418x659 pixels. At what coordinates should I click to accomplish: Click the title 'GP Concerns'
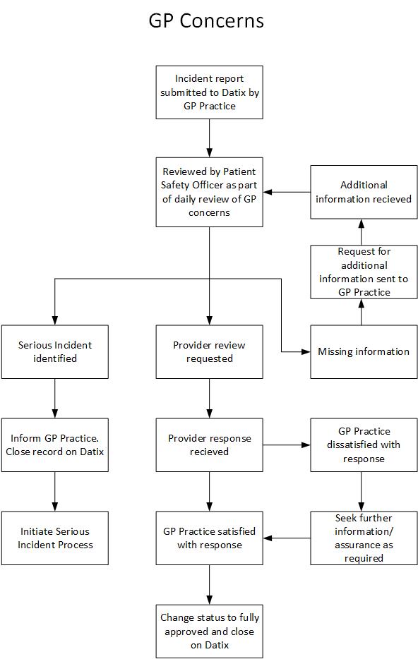coord(206,20)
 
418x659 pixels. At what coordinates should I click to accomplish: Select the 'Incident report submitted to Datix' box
coord(210,92)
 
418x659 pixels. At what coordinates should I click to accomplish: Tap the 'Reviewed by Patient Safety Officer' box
coord(210,192)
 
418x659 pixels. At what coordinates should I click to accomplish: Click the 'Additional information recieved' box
coord(364,192)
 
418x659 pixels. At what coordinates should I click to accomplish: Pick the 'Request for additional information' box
coord(364,272)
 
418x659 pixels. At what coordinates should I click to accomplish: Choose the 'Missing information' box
coord(364,352)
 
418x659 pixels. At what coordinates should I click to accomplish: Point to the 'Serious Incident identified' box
coord(54,352)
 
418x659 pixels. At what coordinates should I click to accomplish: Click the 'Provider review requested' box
coord(210,352)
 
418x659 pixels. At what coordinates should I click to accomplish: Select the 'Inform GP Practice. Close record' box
coord(54,445)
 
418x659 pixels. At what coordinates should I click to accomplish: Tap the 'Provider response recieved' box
coord(210,445)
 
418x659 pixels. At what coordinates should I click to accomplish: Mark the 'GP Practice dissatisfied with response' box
coord(364,445)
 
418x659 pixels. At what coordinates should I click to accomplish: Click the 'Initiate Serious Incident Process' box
coord(54,538)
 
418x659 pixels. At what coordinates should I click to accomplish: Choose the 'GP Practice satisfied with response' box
coord(210,538)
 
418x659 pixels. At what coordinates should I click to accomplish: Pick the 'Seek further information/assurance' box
coord(364,538)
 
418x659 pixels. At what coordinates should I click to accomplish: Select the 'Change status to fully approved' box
coord(210,631)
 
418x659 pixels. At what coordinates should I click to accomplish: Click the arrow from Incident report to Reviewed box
coord(210,138)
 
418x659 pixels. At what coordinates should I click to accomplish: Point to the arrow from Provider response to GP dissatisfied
coord(287,445)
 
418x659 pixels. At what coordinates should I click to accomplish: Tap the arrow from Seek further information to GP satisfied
coord(287,538)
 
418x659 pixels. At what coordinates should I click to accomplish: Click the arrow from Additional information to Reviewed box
coord(287,192)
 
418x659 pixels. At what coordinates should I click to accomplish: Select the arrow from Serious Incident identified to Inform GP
coord(54,399)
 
